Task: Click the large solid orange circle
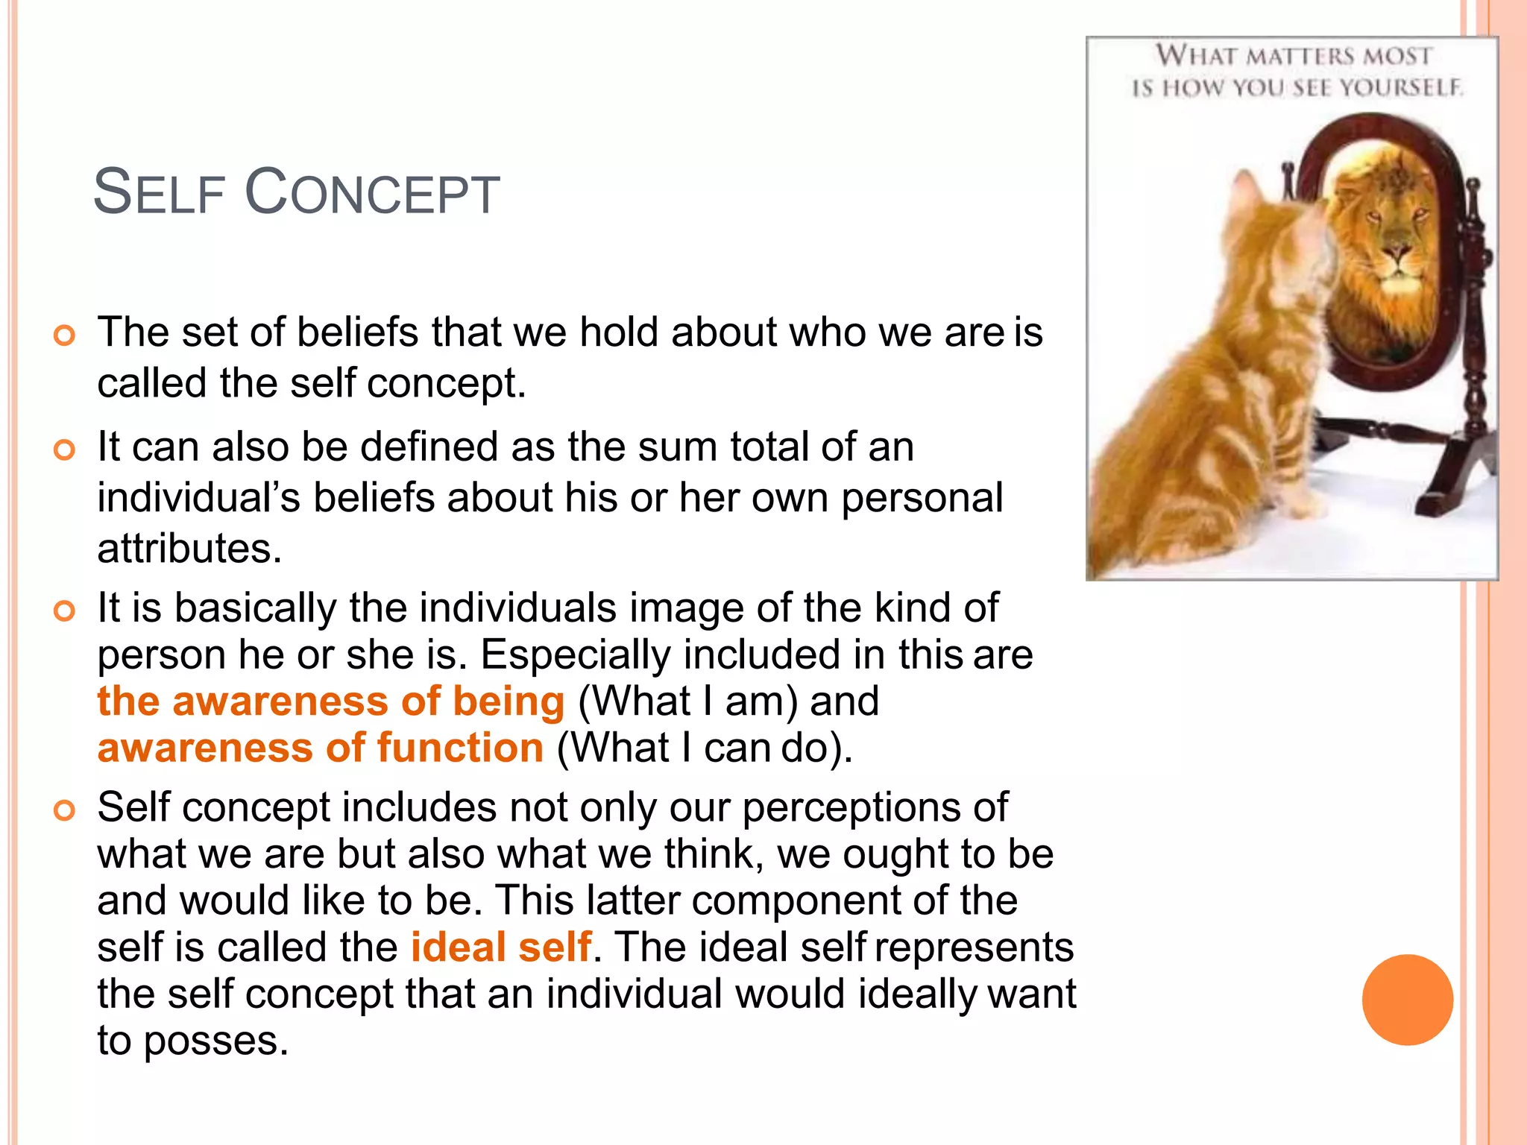coord(1407,1000)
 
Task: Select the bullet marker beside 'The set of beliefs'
coord(65,335)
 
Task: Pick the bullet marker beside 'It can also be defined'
coord(65,450)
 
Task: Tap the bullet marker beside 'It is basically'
coord(65,611)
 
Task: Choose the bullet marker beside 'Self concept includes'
coord(65,810)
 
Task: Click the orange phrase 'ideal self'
coord(501,947)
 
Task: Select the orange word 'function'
coord(460,748)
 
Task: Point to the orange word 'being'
coord(509,701)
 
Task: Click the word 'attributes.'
coord(189,549)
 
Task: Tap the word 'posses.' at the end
coord(215,1041)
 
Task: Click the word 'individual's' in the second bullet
coord(198,498)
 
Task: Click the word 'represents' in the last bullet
coord(974,947)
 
